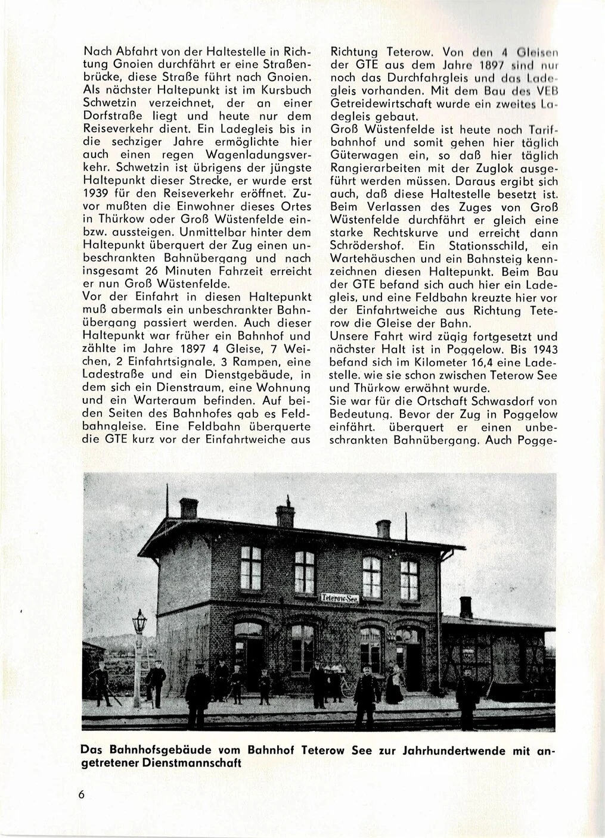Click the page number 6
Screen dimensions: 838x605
(x=81, y=797)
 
